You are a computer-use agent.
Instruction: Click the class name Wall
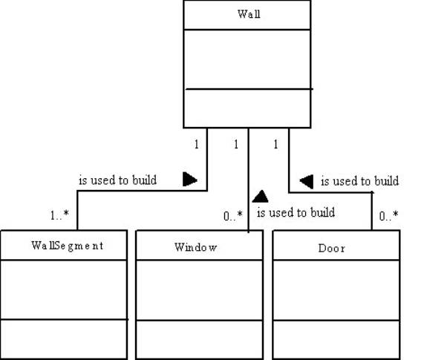point(249,14)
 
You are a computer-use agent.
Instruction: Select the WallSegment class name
point(68,246)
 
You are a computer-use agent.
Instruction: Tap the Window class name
point(196,247)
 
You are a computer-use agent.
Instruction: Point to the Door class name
point(332,249)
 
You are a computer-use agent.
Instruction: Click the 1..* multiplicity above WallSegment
point(59,215)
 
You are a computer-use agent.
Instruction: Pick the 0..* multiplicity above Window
point(233,216)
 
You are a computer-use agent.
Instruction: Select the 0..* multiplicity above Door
point(388,216)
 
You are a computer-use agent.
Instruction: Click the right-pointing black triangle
point(190,179)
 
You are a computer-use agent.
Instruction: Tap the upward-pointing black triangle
point(260,197)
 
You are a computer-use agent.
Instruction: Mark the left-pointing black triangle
point(307,181)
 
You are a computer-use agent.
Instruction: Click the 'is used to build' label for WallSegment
point(117,180)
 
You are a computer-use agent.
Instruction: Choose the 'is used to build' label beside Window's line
point(296,212)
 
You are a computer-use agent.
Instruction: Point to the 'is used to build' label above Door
point(360,181)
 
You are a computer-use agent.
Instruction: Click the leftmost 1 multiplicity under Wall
point(197,144)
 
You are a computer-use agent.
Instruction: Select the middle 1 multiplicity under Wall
point(236,144)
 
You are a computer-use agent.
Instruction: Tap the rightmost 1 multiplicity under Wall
point(275,144)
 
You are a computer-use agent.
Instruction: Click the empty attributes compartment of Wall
point(247,59)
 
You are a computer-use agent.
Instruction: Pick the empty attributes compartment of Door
point(336,290)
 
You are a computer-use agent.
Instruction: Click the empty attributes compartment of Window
point(199,290)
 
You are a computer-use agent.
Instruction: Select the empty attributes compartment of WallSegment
point(64,289)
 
